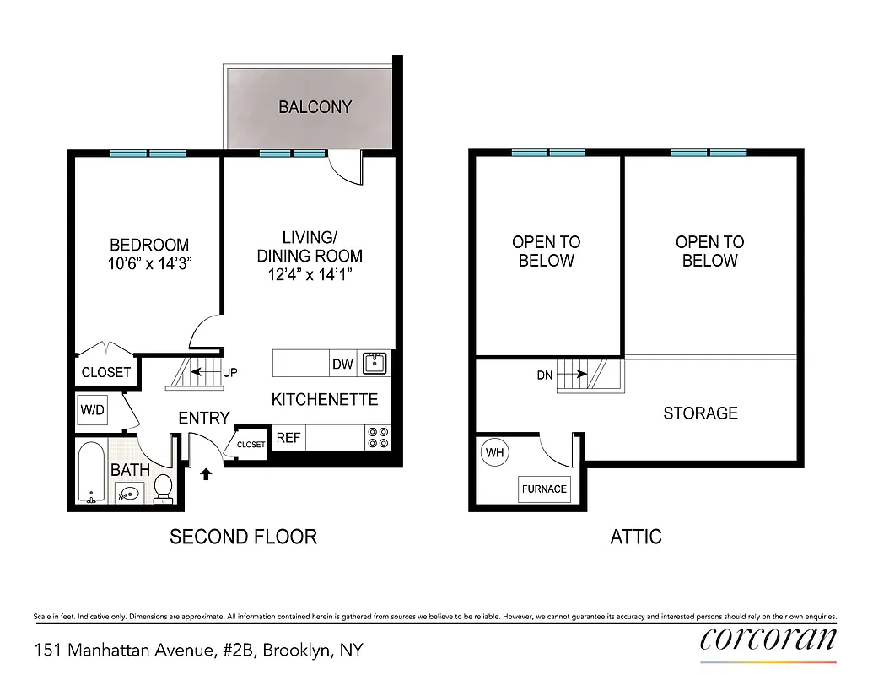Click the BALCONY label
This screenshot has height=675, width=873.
click(x=315, y=107)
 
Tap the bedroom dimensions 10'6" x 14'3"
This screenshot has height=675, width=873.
click(x=149, y=263)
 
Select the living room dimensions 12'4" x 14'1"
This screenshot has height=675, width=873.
click(x=310, y=274)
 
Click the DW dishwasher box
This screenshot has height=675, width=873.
click(x=342, y=364)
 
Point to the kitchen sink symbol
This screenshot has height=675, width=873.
click(x=374, y=363)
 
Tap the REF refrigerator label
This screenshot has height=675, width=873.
click(x=288, y=438)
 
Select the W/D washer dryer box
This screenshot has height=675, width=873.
click(x=92, y=411)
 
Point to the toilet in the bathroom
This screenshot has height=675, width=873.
click(x=164, y=487)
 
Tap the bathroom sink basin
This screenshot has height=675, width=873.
click(x=128, y=493)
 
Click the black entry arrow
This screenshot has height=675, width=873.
click(x=205, y=475)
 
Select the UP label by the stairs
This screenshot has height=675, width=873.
click(x=230, y=372)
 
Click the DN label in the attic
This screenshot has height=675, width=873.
click(x=544, y=375)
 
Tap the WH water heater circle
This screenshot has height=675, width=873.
click(x=495, y=453)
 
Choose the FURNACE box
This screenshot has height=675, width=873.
click(x=544, y=489)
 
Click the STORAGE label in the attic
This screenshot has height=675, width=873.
click(x=700, y=413)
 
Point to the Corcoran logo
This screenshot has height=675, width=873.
click(x=768, y=640)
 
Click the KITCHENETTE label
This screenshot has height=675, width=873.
click(x=324, y=400)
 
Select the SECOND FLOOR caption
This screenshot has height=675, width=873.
click(x=243, y=537)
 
